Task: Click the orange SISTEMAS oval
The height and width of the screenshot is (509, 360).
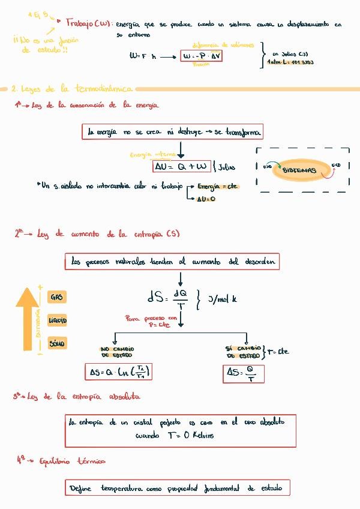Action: coord(299,170)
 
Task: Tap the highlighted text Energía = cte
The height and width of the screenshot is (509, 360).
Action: coord(218,187)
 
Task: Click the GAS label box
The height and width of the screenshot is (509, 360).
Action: coord(56,297)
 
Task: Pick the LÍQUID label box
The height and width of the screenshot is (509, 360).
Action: coord(57,321)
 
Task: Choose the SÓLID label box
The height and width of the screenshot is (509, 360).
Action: coord(57,344)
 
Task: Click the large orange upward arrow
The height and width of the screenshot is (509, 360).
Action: coord(27,318)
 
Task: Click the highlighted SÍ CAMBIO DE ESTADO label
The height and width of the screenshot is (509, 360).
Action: coord(243,352)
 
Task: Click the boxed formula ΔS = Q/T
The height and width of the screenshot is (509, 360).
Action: coord(244,375)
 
